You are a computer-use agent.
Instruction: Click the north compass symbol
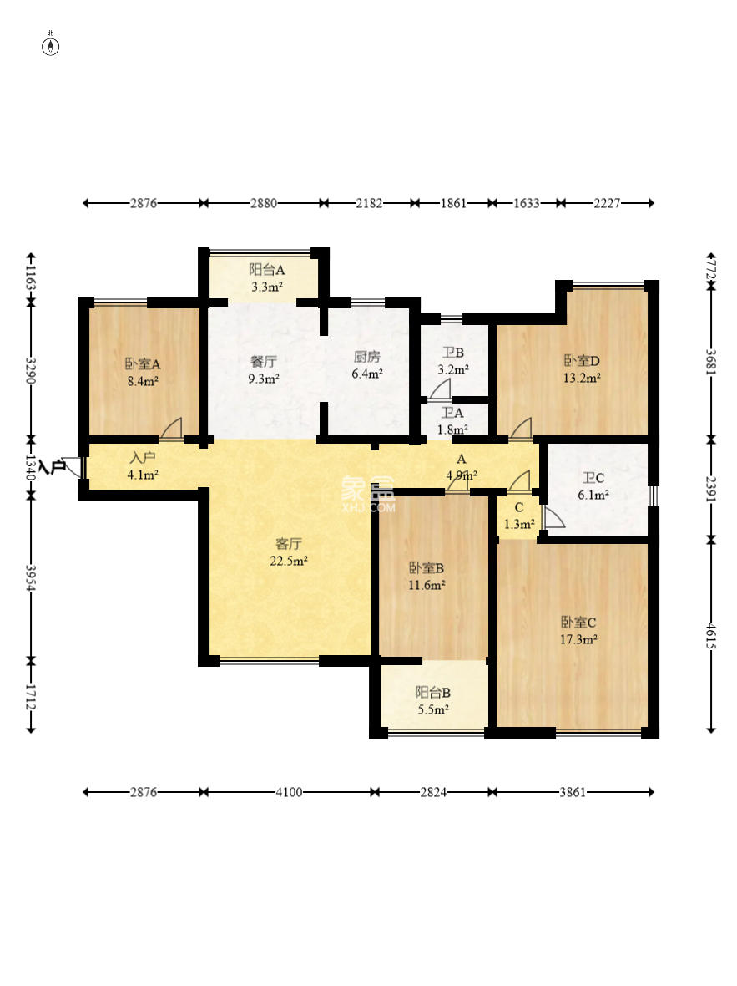pos(50,46)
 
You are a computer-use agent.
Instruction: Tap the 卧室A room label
pos(143,364)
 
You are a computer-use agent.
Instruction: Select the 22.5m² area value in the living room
pos(289,561)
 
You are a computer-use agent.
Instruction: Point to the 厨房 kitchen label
pos(367,357)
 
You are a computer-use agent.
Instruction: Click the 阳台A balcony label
pos(267,270)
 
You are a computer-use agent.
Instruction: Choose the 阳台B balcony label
pos(433,693)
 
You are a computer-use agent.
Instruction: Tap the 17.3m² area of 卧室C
pos(578,639)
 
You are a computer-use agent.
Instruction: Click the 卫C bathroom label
pos(593,478)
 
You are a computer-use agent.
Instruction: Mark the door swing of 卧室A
pos(171,428)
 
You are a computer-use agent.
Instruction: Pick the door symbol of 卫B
pos(440,390)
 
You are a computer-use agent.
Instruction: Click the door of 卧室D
pos(520,428)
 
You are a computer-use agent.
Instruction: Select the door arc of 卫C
pos(553,517)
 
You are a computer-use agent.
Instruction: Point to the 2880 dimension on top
pos(263,203)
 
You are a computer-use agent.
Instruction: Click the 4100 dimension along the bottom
pos(289,792)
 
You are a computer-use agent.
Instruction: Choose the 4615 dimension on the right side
pos(710,637)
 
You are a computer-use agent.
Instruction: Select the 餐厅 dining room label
pos(263,362)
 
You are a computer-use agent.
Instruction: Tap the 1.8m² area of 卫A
pos(452,430)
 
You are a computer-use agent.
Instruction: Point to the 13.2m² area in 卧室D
pos(582,378)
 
